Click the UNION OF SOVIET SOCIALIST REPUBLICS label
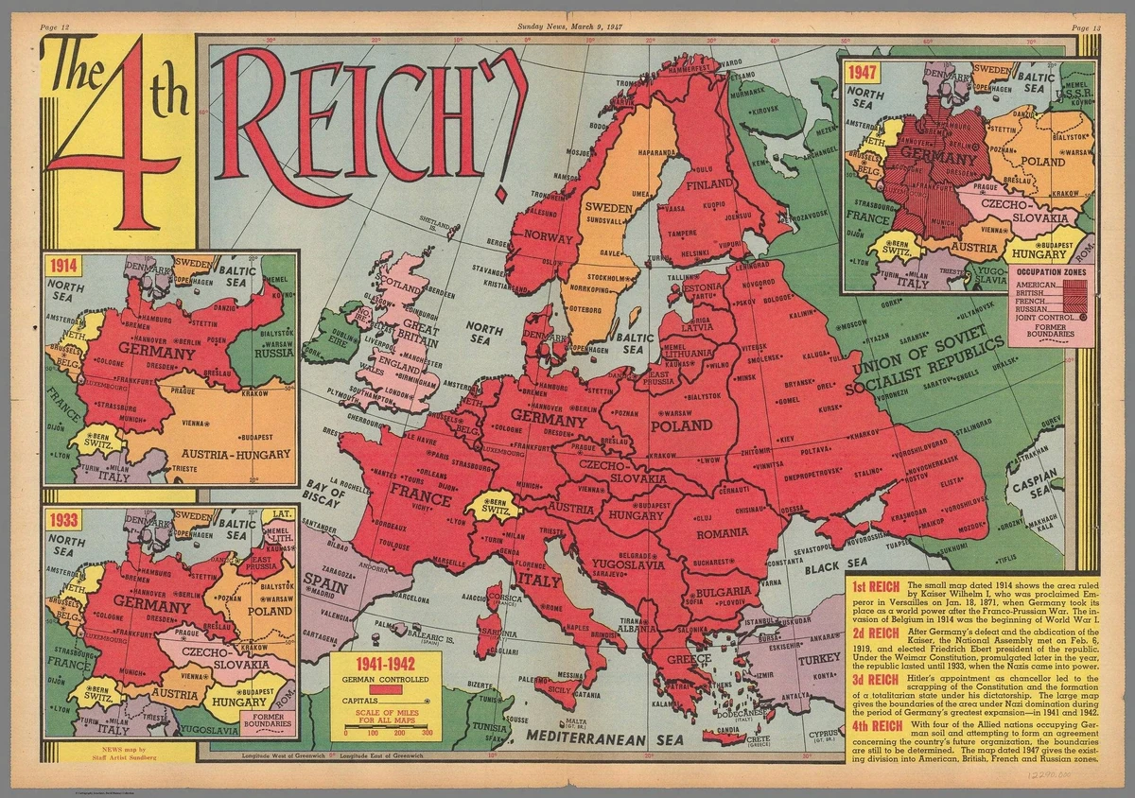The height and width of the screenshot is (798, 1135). pyautogui.click(x=926, y=366)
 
